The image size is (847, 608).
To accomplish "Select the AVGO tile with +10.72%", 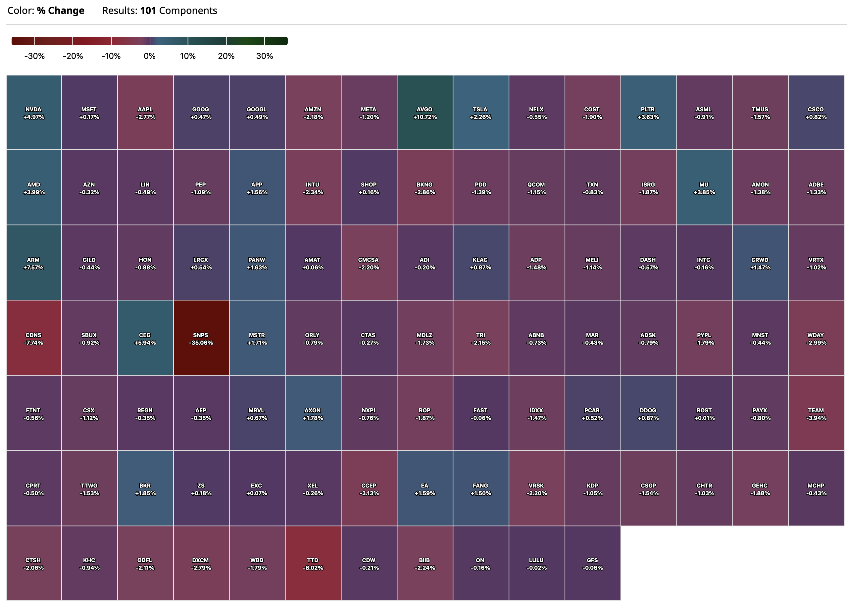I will [424, 112].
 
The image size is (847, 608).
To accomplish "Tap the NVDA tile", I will [34, 112].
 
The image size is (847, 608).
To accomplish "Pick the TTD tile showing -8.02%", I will [313, 563].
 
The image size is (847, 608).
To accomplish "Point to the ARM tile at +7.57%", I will [34, 263].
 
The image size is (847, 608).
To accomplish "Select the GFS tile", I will [592, 563].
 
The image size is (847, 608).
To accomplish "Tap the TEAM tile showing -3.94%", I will [816, 413].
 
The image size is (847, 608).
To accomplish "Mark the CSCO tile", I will [816, 112].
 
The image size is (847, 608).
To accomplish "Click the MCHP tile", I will [816, 488].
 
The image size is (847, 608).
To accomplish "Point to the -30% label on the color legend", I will [34, 56].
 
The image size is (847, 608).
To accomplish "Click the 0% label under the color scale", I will [149, 56].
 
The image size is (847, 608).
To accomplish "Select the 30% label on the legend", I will [265, 56].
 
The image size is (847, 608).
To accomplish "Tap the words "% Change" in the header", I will [61, 11].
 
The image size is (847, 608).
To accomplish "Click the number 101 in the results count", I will [148, 11].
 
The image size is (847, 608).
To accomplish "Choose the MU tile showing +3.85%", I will [704, 187].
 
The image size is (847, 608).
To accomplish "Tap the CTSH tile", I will [34, 563].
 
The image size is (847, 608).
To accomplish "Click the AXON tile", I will [313, 413].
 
